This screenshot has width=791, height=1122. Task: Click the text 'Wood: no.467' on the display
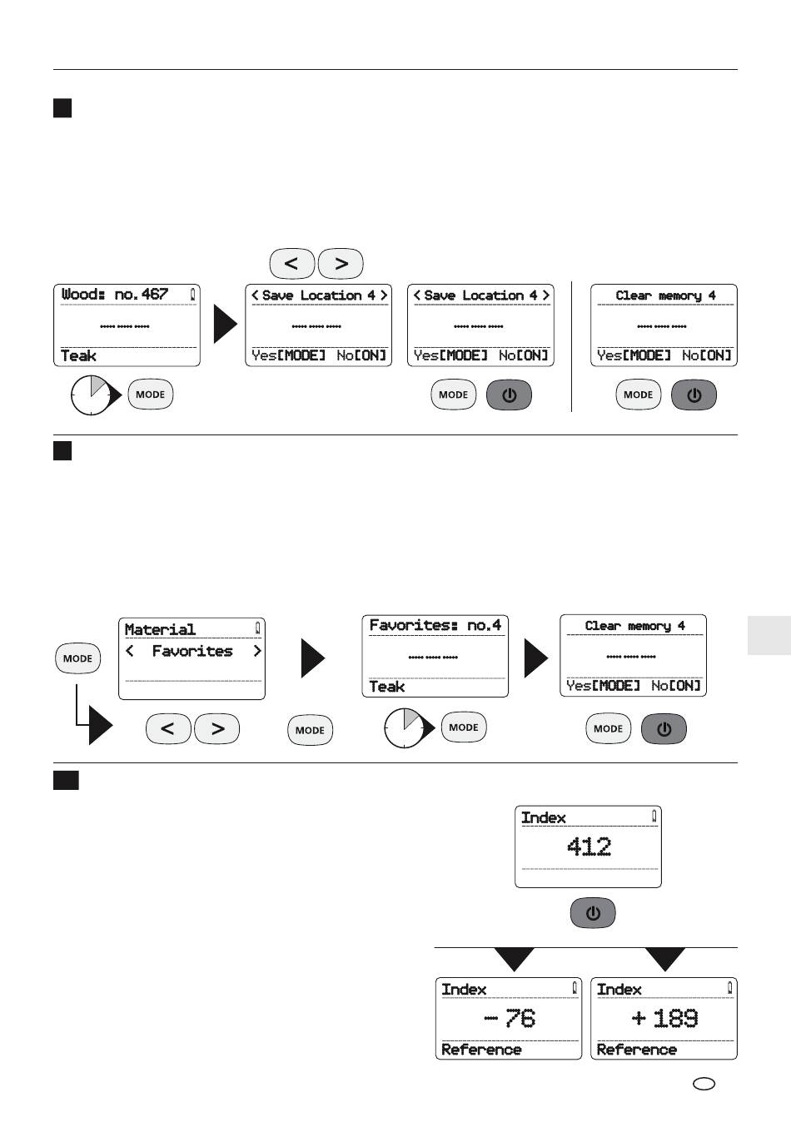[x=115, y=294]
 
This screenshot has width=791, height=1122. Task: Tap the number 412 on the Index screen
[x=589, y=847]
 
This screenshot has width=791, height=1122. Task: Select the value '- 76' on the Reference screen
[x=510, y=1018]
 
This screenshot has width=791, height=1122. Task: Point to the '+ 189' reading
[x=664, y=1018]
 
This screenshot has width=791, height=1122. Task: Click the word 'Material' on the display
[x=160, y=629]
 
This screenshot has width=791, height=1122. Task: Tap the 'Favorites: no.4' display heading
[x=435, y=624]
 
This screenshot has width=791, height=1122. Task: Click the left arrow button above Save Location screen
[x=292, y=263]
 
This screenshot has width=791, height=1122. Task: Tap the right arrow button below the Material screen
[x=217, y=728]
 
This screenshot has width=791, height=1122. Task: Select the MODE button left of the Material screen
[x=77, y=658]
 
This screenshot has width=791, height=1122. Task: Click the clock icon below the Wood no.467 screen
[x=91, y=395]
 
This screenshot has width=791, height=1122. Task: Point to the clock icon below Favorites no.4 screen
[x=405, y=728]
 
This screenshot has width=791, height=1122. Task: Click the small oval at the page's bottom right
[x=704, y=1084]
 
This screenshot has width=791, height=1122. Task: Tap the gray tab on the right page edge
[x=769, y=635]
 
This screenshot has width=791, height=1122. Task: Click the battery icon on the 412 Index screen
[x=654, y=817]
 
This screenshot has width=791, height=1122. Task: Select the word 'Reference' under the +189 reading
[x=637, y=1050]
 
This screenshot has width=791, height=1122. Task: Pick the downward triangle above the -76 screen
[x=515, y=958]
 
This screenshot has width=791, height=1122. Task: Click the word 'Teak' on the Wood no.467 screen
[x=78, y=355]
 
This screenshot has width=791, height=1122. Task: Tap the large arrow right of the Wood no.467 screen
[x=226, y=324]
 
